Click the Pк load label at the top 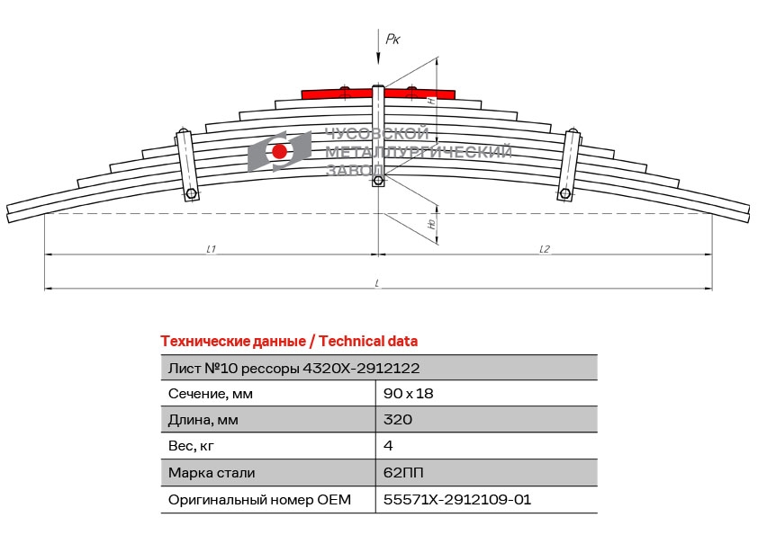pos(393,39)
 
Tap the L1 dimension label pos(212,249)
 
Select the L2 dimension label pos(545,249)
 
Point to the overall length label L pos(377,283)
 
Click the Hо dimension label pos(432,224)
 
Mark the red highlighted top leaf pos(378,94)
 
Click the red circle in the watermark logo pos(279,152)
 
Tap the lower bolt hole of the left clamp pos(192,194)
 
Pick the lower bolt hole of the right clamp pos(564,194)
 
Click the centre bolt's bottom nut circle pos(378,181)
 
